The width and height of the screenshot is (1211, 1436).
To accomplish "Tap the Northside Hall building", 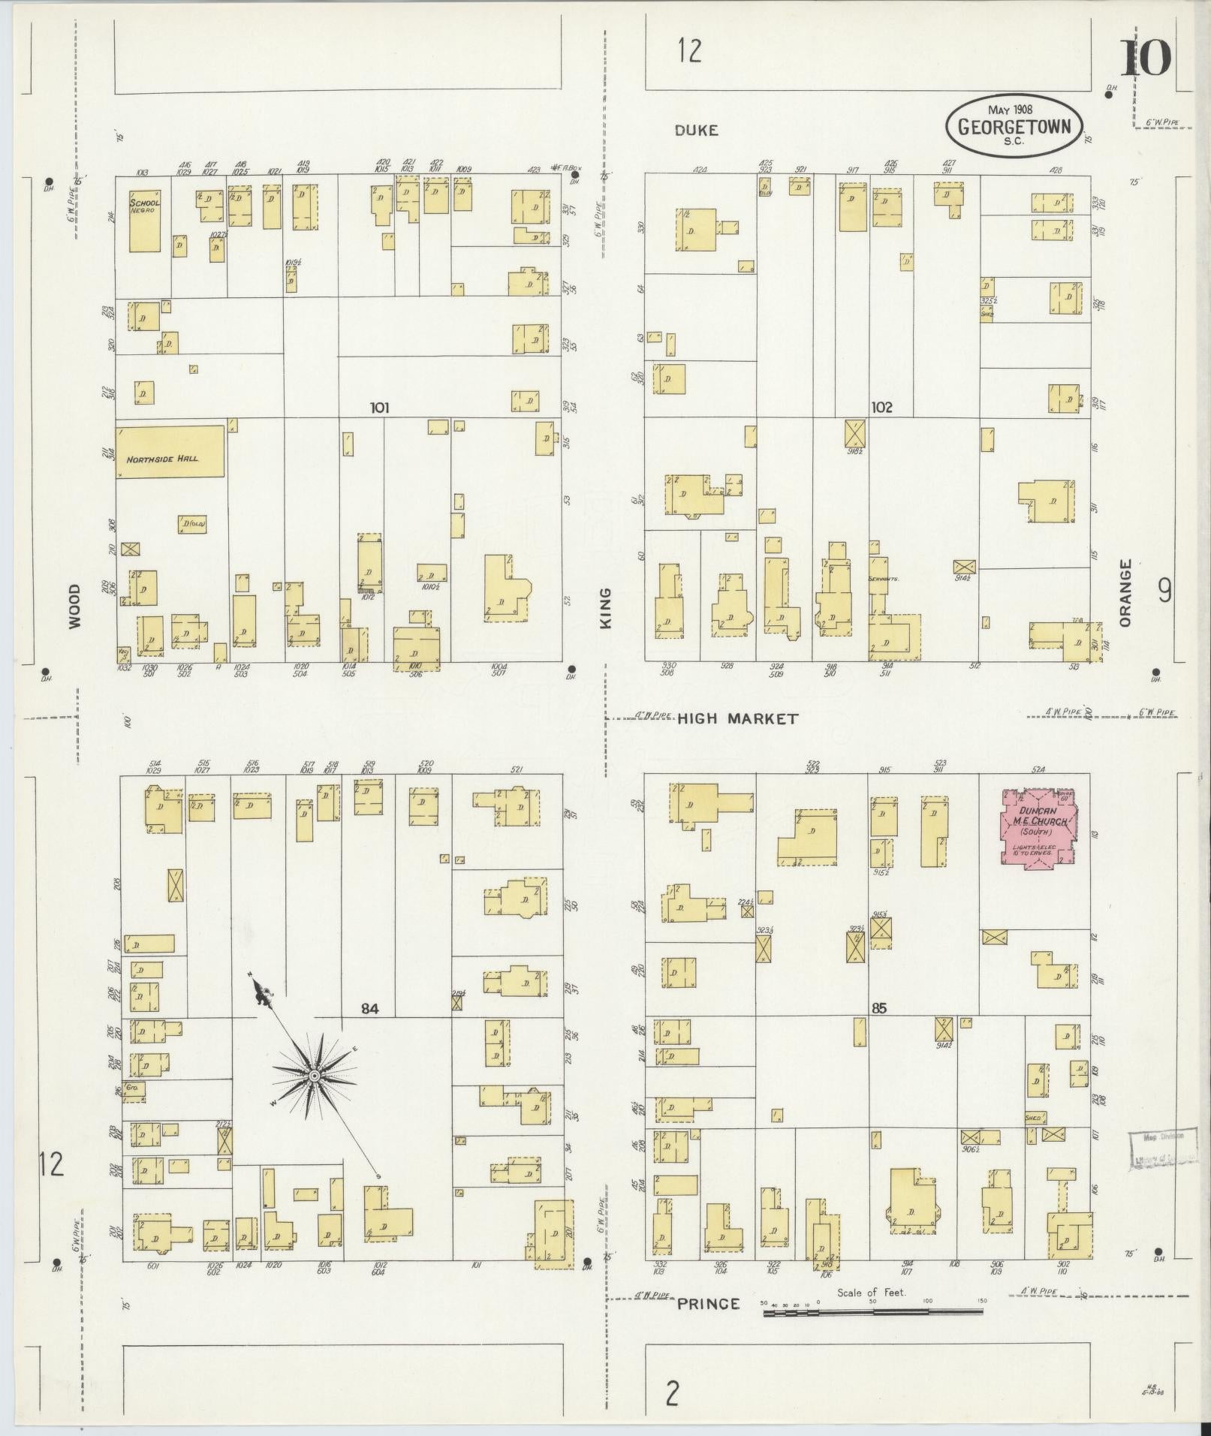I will (x=170, y=451).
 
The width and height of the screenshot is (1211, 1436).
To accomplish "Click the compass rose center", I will (x=315, y=1076).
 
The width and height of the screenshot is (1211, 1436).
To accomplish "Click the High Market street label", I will (x=737, y=719).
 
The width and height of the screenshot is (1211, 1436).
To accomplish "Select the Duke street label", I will (x=696, y=130).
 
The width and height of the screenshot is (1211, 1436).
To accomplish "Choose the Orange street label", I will (x=1124, y=593).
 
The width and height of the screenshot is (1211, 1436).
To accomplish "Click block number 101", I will (x=380, y=408).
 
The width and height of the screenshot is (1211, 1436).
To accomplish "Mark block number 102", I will (x=881, y=407).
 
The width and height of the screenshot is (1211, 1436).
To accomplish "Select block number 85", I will (x=879, y=1008).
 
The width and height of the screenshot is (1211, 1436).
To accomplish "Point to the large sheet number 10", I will (x=1146, y=58).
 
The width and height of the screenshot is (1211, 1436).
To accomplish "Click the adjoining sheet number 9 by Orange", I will (x=1164, y=592).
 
